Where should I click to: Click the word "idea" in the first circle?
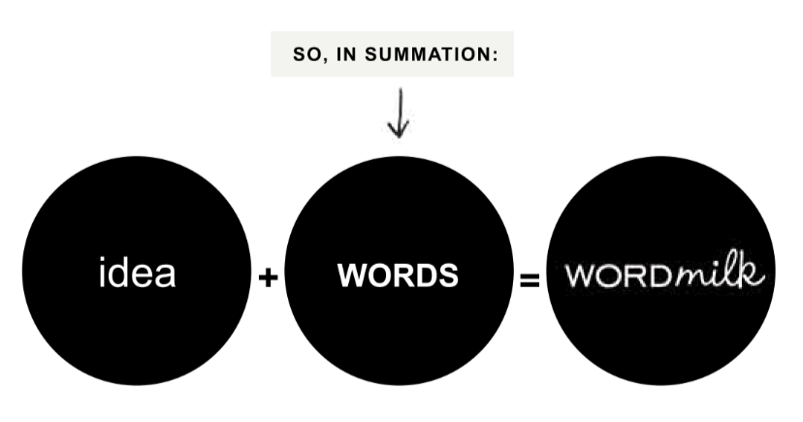click(x=137, y=274)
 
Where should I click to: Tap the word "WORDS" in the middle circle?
click(x=398, y=276)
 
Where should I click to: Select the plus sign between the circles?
click(x=269, y=278)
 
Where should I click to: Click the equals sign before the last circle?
click(x=530, y=281)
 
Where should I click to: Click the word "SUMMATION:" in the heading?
click(x=445, y=54)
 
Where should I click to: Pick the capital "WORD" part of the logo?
click(x=622, y=276)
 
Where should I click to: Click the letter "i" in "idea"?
click(x=103, y=273)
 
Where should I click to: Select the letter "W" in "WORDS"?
click(x=351, y=276)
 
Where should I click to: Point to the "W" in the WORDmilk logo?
click(x=580, y=276)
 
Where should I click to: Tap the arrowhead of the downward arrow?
click(x=399, y=131)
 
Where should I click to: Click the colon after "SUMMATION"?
click(x=496, y=55)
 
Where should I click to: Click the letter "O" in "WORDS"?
click(x=377, y=276)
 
